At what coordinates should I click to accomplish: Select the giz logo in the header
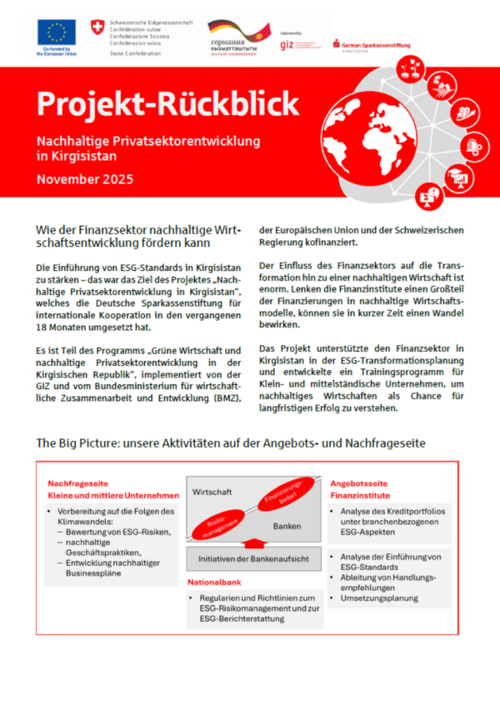pyautogui.click(x=287, y=44)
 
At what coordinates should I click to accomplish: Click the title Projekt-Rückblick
pyautogui.click(x=167, y=104)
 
